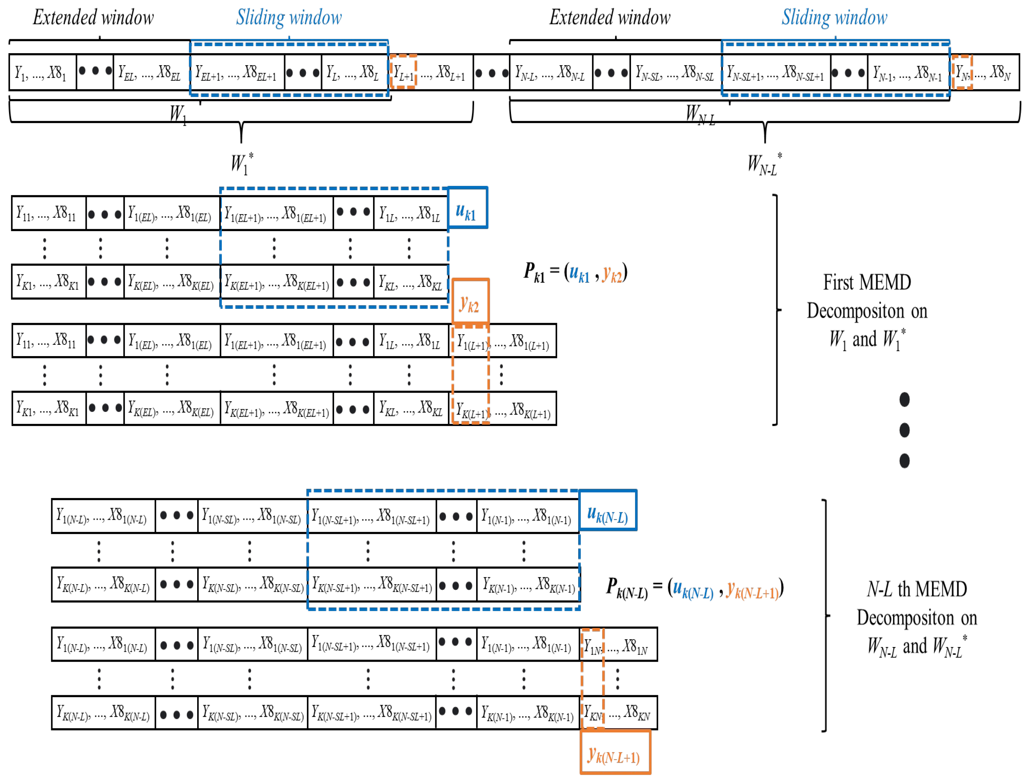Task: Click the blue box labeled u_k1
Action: tap(467, 208)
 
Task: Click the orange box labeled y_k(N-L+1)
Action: tap(615, 752)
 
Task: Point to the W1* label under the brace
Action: tap(241, 163)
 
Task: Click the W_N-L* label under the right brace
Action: tap(764, 164)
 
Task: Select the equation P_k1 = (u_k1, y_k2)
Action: tap(575, 273)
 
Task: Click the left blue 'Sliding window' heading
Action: tap(289, 18)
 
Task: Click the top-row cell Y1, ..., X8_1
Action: tap(42, 72)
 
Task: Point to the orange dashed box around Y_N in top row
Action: tap(962, 72)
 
